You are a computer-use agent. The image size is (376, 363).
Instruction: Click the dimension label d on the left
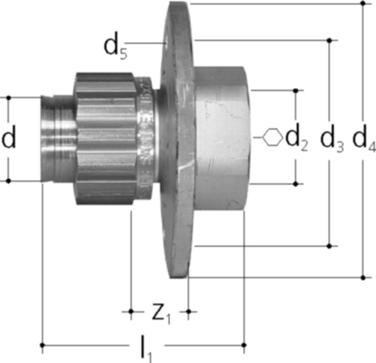[9, 139]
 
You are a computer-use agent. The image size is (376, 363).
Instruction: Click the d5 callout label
[115, 48]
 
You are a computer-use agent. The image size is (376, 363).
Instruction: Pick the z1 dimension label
[161, 314]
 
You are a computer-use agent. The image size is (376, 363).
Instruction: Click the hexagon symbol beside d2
[272, 137]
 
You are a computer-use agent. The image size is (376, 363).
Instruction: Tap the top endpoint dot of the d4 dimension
[363, 4]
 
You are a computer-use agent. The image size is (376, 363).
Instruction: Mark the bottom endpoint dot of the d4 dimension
[363, 277]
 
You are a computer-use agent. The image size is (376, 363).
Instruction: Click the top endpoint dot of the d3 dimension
[330, 40]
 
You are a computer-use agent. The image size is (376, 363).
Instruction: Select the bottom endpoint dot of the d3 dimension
[330, 246]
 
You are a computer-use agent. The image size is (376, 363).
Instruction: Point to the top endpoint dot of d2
[296, 91]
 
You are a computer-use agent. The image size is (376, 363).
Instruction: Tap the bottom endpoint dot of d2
[296, 184]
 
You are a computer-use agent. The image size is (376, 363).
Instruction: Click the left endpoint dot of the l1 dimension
[43, 345]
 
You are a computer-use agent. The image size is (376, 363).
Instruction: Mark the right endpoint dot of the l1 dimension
[244, 345]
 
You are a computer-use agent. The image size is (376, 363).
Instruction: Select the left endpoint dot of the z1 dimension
[131, 311]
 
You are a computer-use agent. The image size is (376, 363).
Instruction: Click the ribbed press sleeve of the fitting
[105, 139]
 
